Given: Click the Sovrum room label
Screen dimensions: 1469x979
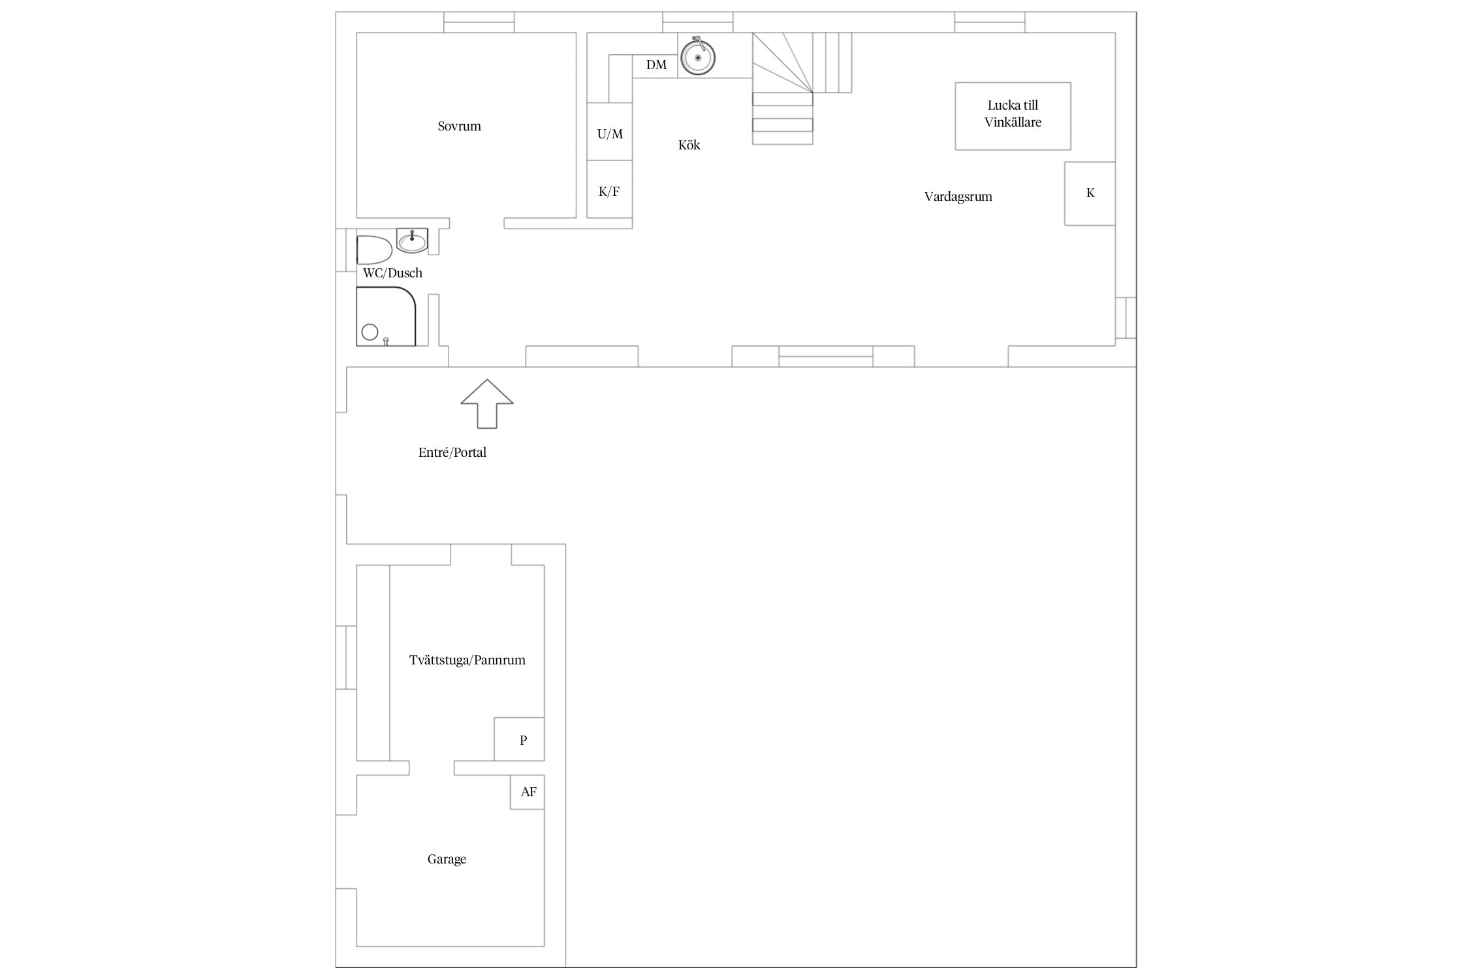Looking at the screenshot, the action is coord(459,126).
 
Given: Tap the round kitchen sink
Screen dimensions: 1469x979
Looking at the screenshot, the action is coord(698,57).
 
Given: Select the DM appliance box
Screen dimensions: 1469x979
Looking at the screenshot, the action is coord(655,66).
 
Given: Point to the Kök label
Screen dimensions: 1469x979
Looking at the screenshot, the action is coord(689,145).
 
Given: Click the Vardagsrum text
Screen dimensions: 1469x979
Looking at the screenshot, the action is coord(958,196).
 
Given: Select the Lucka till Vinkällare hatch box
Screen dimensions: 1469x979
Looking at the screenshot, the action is coord(1013,116).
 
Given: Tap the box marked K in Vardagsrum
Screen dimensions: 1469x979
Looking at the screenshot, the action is coord(1090,194).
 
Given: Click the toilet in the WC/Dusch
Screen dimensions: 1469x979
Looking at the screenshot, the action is coord(374,250).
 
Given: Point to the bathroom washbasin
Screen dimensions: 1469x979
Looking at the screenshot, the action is coord(412,241).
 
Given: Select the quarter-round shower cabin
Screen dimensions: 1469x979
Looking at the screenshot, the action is coord(386,317).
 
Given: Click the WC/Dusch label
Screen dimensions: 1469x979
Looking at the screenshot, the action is coord(392,273).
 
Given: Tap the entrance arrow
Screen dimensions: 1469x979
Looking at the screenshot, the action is coord(487,403).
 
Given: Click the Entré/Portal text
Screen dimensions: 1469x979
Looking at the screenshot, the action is coord(452,452).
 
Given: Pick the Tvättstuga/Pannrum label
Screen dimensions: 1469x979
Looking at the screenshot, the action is coord(467,660).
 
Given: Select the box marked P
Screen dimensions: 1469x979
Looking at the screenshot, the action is coord(519,739).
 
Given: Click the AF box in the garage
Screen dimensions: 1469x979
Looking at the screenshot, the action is coord(528,792).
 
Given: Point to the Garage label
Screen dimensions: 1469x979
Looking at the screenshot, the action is coord(447,859).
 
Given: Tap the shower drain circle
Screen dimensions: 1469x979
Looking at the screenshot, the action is coord(370,332).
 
